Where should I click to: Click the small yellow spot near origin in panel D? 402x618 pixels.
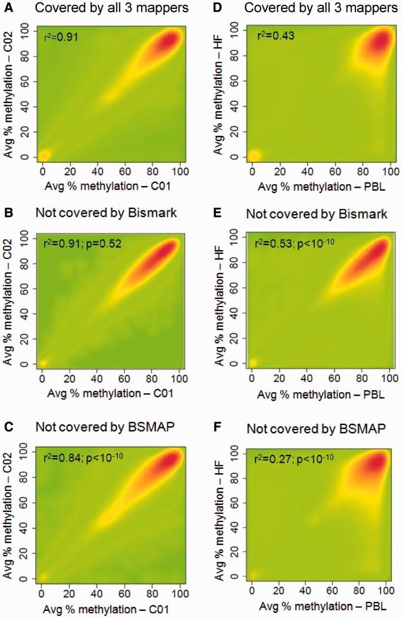pyautogui.click(x=254, y=156)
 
